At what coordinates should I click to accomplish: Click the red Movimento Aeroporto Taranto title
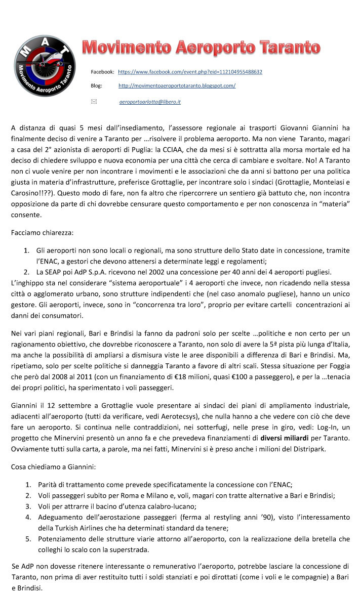pos(201,48)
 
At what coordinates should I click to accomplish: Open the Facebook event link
pos(190,72)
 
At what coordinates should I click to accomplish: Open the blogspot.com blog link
pos(177,86)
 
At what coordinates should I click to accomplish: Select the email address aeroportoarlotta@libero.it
pos(150,102)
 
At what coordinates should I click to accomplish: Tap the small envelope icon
pos(94,102)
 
